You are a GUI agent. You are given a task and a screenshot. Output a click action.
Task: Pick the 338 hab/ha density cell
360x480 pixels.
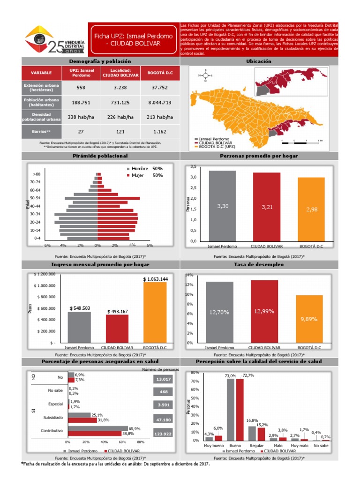pyautogui.click(x=81, y=117)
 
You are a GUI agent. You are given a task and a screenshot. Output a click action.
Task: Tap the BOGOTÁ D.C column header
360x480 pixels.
pyautogui.click(x=159, y=73)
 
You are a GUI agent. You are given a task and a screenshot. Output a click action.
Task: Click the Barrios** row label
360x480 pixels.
pyautogui.click(x=41, y=132)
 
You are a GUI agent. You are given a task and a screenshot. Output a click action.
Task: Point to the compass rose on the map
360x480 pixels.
pyautogui.click(x=205, y=75)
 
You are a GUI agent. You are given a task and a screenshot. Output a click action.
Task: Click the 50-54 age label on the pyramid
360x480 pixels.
pyautogui.click(x=35, y=198)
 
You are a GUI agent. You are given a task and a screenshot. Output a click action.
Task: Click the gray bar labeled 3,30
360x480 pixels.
pyautogui.click(x=222, y=205)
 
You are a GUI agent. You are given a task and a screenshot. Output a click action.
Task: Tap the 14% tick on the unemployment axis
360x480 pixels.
pyautogui.click(x=189, y=275)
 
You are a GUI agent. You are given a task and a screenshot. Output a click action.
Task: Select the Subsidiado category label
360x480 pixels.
pyautogui.click(x=53, y=417)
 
